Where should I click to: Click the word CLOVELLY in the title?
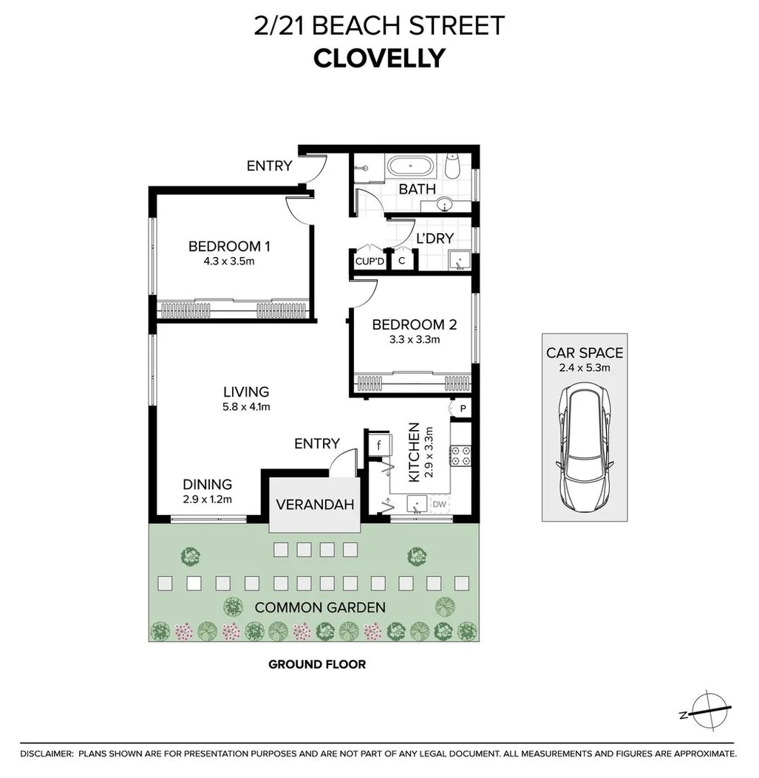(379, 58)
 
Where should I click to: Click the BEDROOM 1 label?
(224, 246)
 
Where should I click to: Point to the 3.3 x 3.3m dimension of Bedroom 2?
(414, 340)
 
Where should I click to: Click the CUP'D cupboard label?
(370, 261)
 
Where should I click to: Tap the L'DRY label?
(435, 238)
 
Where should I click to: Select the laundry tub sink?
(459, 260)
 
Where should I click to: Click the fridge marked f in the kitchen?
(378, 446)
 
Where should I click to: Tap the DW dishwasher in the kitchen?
(438, 504)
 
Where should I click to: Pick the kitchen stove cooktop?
(461, 455)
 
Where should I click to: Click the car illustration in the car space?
(584, 448)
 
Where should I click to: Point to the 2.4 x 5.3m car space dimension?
(584, 367)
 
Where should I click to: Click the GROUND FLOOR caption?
(316, 664)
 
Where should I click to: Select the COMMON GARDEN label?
(319, 607)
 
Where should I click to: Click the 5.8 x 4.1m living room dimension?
(247, 406)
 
